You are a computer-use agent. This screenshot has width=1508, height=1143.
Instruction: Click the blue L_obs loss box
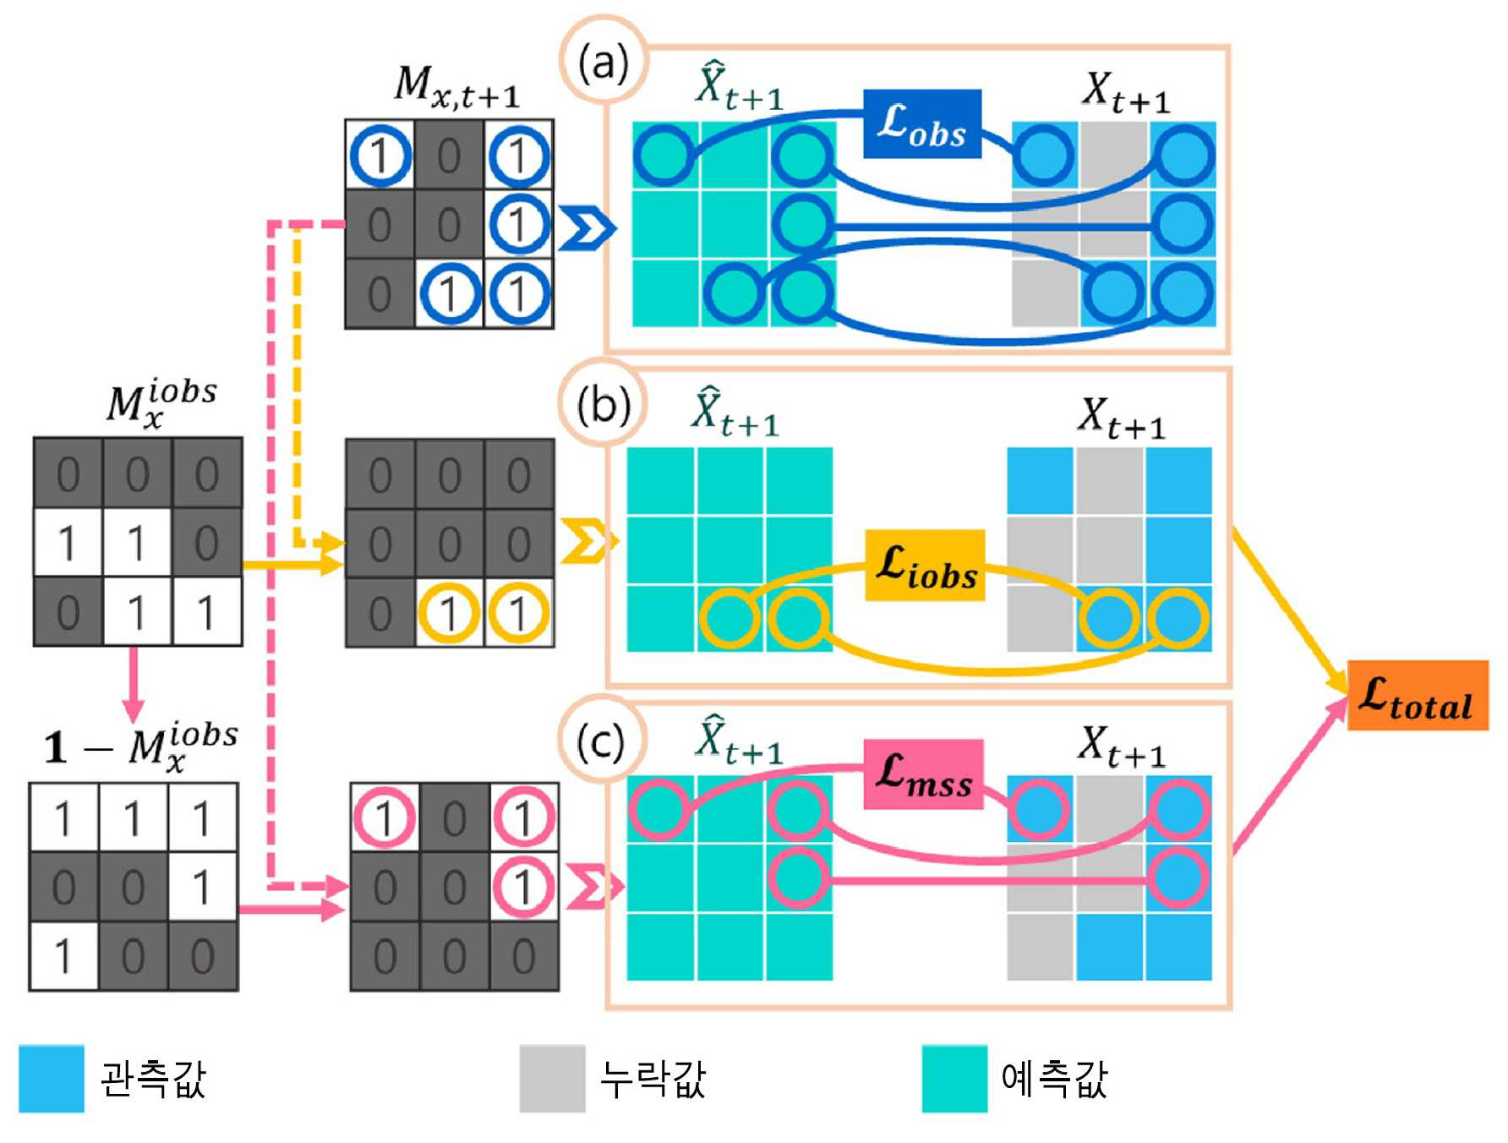(922, 123)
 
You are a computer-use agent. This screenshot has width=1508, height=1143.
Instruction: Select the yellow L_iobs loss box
(925, 566)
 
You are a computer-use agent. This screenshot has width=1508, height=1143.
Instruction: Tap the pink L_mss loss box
(923, 774)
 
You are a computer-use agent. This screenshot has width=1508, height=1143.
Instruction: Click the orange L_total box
(1418, 695)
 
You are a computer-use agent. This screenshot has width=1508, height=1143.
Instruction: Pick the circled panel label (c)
(602, 741)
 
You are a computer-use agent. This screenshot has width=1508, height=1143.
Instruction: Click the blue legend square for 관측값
(52, 1079)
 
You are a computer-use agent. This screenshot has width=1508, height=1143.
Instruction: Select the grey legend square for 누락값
(553, 1079)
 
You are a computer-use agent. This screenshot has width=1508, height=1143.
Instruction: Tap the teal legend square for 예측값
(954, 1079)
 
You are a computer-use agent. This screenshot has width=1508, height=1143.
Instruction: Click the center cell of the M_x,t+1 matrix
(449, 224)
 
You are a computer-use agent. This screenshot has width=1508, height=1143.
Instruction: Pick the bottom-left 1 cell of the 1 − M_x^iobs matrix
(63, 956)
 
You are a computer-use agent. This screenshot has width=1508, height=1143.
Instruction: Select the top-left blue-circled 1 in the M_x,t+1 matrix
(380, 156)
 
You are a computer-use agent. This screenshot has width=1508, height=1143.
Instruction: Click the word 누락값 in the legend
(653, 1079)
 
